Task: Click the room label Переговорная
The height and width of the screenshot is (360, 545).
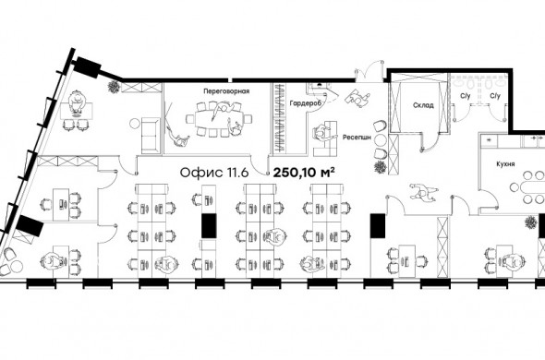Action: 226,91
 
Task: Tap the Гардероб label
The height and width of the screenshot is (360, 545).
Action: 305,103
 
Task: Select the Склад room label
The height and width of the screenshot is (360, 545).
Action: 423,105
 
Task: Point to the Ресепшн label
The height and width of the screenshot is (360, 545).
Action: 357,138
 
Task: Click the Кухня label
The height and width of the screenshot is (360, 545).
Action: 505,164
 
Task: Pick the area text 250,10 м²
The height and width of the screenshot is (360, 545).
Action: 304,173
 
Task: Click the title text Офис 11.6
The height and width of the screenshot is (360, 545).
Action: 214,173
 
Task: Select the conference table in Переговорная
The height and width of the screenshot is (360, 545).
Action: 219,119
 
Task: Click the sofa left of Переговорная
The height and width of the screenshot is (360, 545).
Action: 151,135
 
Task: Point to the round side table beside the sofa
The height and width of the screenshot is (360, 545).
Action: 135,124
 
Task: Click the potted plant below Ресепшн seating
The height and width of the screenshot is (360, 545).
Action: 381,167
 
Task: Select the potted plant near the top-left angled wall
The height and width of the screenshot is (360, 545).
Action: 114,87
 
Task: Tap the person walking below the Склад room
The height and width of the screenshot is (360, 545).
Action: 424,192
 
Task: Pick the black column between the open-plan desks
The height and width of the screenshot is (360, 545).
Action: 210,226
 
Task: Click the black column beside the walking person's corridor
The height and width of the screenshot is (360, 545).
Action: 378,226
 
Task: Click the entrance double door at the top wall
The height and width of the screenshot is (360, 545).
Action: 369,71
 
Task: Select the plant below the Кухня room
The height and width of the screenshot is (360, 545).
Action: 531,222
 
